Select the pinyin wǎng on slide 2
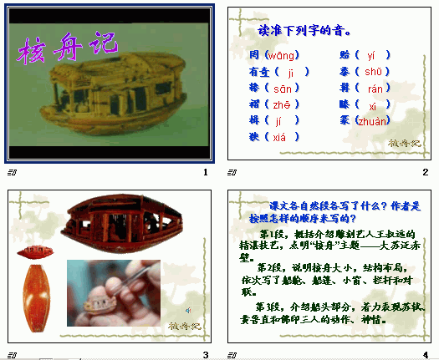282,55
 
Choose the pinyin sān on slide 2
283,88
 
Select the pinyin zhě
283,104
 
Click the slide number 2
425,172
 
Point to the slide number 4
425,355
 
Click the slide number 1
205,172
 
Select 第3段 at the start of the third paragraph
272,307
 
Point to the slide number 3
205,355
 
